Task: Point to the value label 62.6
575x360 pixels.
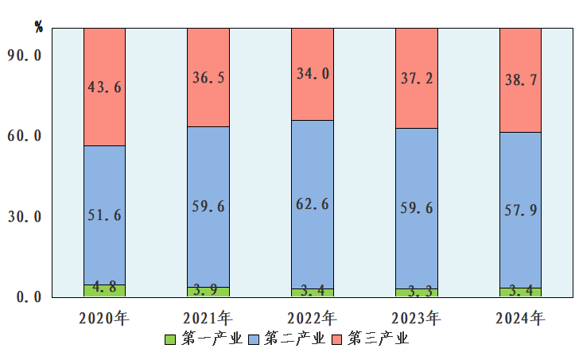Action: (313, 204)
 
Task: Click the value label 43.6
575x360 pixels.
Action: (104, 87)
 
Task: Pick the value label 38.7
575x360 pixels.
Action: (520, 80)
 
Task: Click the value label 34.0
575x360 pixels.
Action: (313, 74)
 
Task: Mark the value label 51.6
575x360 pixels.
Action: (104, 215)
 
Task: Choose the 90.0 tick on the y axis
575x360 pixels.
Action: (25, 55)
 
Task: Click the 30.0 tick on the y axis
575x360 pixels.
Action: (25, 216)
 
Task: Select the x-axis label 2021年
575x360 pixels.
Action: (208, 319)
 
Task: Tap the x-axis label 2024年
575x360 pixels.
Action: (520, 319)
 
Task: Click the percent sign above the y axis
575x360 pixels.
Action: (39, 25)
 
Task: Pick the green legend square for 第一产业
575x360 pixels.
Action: (169, 340)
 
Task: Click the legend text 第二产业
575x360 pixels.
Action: (294, 339)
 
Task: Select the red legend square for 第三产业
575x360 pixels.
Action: (336, 340)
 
